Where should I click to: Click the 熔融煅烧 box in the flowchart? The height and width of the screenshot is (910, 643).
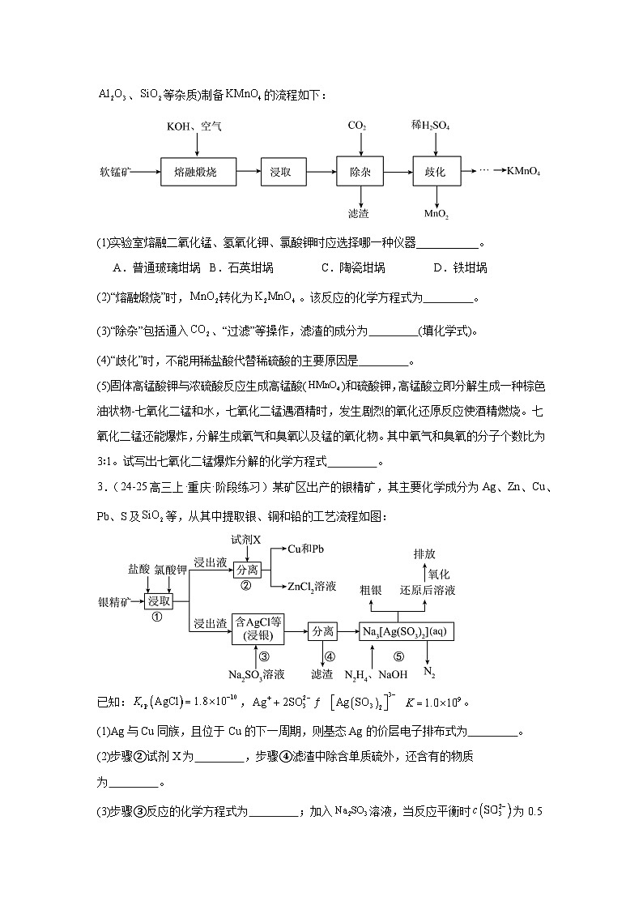(195, 172)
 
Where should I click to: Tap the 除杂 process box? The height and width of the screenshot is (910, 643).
(359, 172)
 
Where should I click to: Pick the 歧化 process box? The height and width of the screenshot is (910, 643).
(436, 172)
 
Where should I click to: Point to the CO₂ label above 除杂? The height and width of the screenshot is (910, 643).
(357, 126)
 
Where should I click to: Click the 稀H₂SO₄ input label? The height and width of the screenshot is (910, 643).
(431, 126)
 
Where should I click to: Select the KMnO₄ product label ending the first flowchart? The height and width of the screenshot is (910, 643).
(524, 172)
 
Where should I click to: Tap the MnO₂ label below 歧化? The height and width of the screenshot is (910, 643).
(436, 214)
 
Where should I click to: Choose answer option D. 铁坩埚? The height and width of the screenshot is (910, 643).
(459, 267)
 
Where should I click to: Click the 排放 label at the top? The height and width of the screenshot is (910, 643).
(424, 553)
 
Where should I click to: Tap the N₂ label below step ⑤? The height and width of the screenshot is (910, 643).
(429, 673)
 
